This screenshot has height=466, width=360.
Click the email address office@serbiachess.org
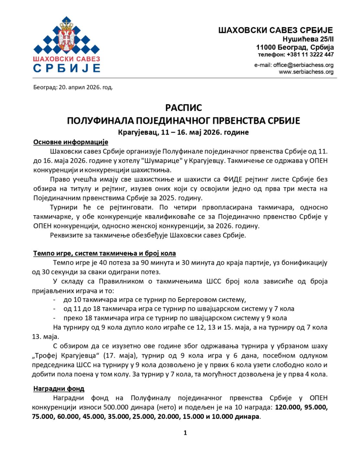point(303,65)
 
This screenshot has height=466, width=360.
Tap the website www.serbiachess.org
point(306,72)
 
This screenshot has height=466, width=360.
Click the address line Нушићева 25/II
point(308,39)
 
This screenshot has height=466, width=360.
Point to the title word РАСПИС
point(184,107)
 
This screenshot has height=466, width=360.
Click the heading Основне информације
point(71,142)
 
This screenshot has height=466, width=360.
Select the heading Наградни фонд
point(59,389)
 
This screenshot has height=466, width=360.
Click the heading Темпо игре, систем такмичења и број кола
point(104,253)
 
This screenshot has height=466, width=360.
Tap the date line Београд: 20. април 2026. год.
point(73,87)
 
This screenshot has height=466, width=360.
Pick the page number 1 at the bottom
point(185,433)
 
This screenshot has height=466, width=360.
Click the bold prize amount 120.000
point(287,407)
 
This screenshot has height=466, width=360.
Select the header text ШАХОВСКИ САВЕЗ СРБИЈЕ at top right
point(276,30)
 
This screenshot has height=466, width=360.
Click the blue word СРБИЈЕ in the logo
point(67,68)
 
